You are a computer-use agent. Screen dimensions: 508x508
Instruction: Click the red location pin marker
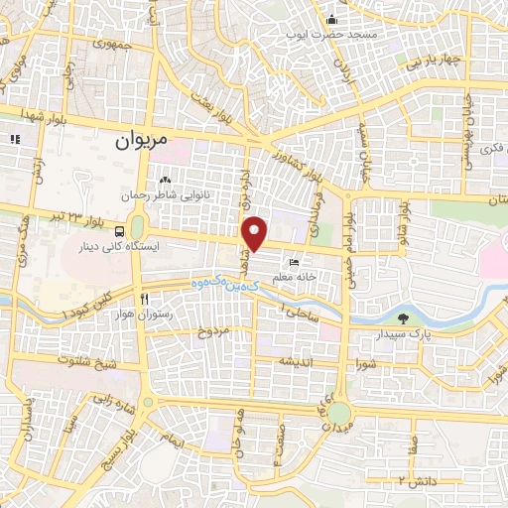(x=256, y=234)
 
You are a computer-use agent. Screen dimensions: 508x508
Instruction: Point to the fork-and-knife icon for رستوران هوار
(x=145, y=299)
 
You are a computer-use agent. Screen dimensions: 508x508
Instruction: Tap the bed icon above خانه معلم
(x=294, y=263)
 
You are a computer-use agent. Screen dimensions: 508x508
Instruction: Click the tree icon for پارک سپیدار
(x=403, y=318)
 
